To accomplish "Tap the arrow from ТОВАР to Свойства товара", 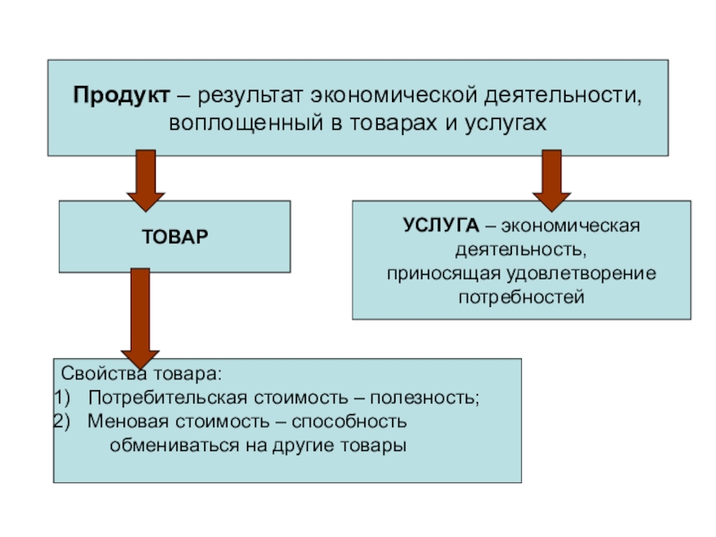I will tap(140, 313).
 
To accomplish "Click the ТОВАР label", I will tap(175, 237).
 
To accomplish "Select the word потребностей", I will tap(521, 295).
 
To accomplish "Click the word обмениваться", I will tap(170, 445).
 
